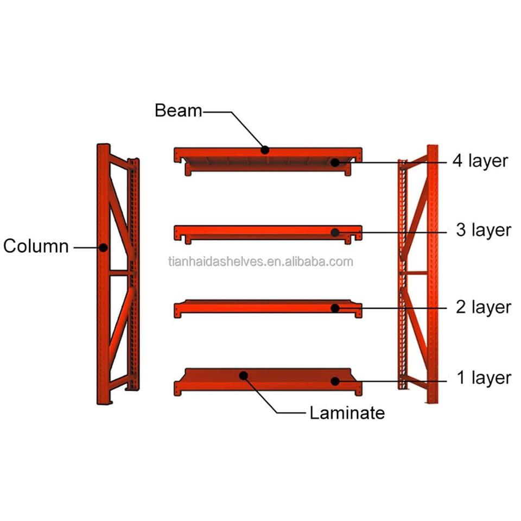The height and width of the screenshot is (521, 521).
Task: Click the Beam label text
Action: [178, 111]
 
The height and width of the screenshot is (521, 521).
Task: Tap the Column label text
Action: [36, 246]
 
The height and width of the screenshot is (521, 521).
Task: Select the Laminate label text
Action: [347, 413]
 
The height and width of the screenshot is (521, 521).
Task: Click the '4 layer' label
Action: [480, 161]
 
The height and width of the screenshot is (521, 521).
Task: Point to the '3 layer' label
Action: [483, 230]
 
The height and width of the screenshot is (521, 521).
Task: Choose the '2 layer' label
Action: [483, 307]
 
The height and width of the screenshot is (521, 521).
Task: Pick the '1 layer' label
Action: [483, 378]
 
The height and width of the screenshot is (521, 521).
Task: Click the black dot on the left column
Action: [103, 247]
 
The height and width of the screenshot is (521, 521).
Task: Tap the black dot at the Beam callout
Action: [265, 150]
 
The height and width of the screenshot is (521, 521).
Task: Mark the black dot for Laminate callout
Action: [244, 375]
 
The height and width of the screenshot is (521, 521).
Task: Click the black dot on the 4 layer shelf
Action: [335, 162]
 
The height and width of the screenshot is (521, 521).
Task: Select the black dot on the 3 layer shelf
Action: [335, 233]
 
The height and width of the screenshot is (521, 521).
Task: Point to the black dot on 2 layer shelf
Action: [335, 308]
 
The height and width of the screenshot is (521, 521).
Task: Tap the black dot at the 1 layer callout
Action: [335, 381]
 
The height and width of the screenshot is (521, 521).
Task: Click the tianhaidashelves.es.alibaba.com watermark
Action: [260, 262]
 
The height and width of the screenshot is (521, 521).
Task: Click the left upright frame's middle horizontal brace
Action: [120, 272]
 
